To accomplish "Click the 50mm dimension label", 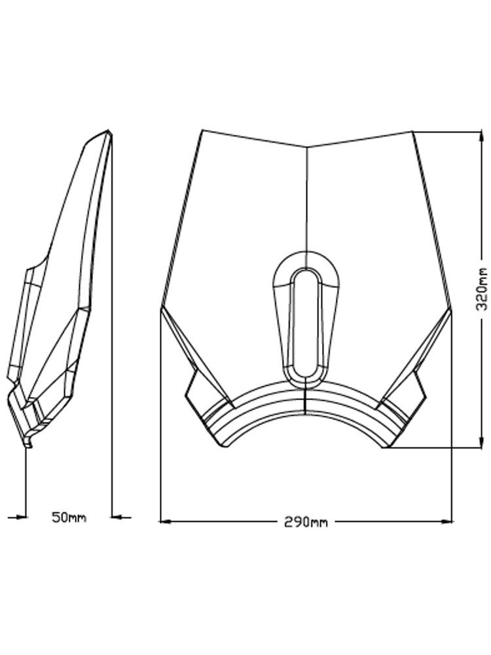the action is [69, 517].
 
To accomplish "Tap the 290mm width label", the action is [306, 522].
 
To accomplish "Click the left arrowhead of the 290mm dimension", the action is [166, 521].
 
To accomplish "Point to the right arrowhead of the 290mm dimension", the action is [447, 521].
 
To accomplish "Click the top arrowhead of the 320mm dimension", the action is [479, 138].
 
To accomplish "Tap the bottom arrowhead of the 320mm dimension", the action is [479, 442].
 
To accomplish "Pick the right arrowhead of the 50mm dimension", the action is [117, 517].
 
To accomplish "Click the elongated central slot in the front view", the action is [306, 324].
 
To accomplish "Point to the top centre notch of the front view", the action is [307, 147].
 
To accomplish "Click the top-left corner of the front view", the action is [203, 130].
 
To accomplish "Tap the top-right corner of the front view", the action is [412, 132].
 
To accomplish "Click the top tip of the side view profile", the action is [109, 131].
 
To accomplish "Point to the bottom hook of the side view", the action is [27, 443].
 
